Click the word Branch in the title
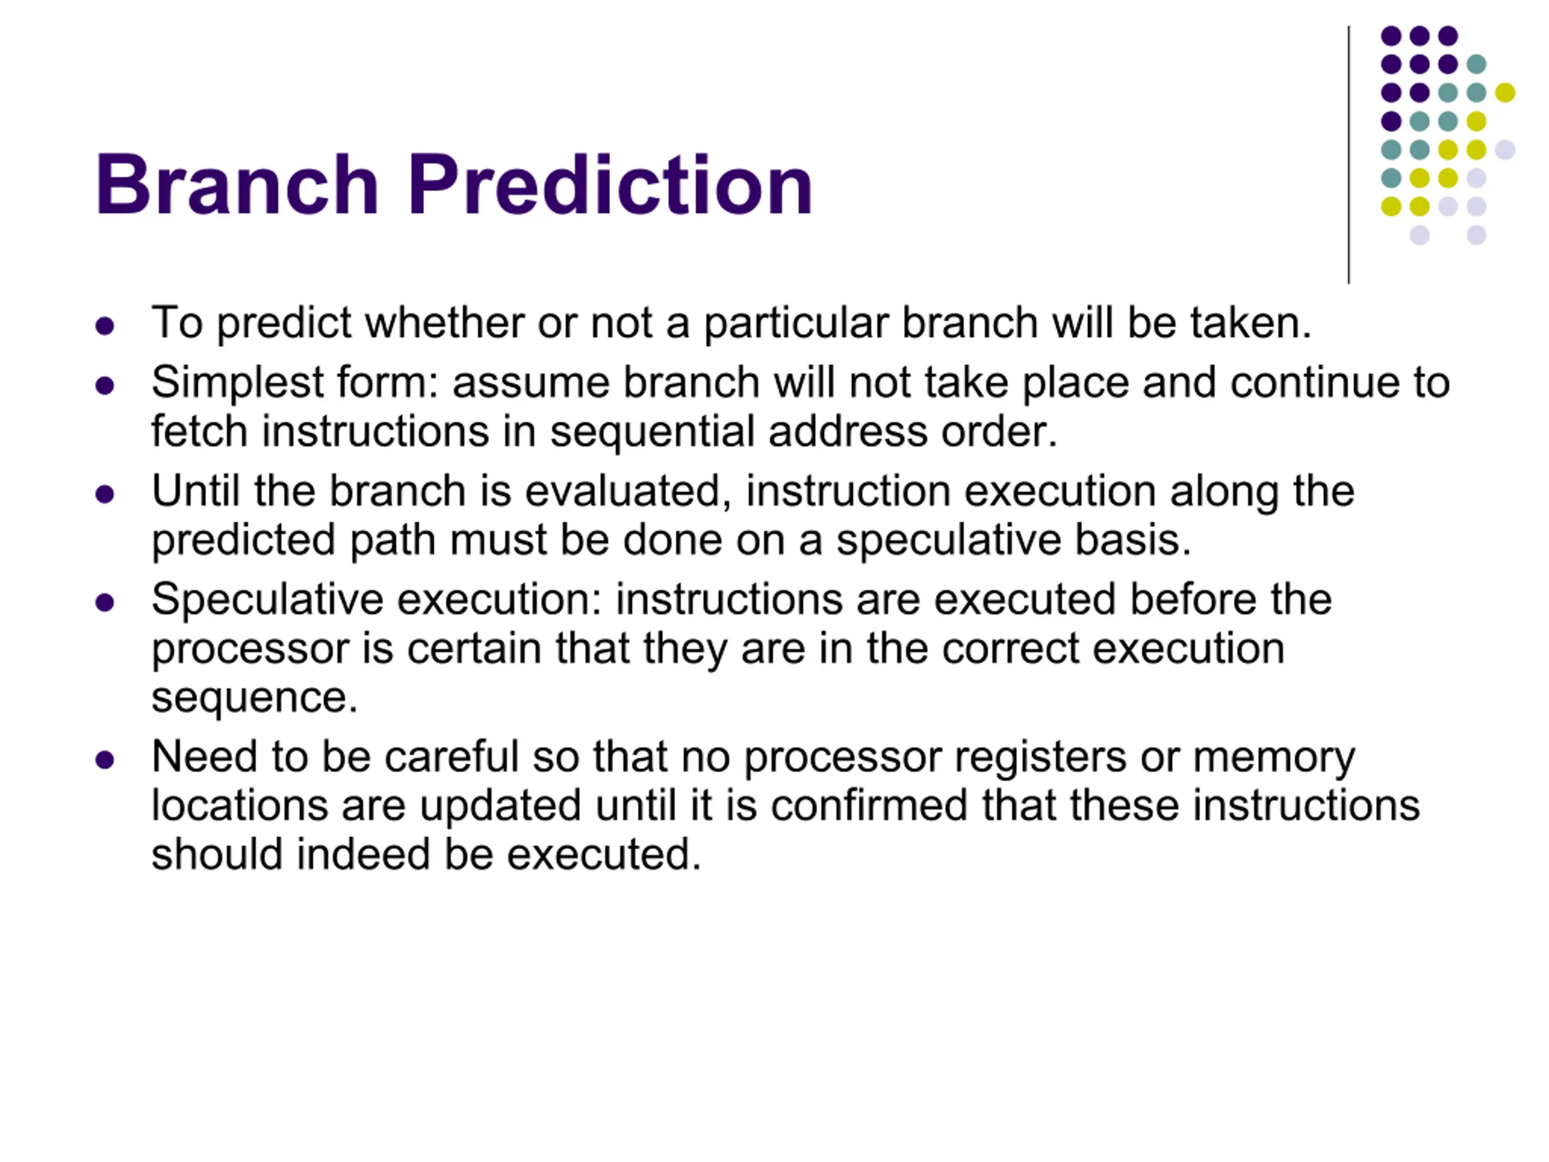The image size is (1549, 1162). (x=237, y=184)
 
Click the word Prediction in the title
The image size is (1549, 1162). (x=610, y=184)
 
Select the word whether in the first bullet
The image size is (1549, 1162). (x=444, y=323)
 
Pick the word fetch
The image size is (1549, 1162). (x=200, y=431)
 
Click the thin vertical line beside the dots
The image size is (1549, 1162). (x=1349, y=155)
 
